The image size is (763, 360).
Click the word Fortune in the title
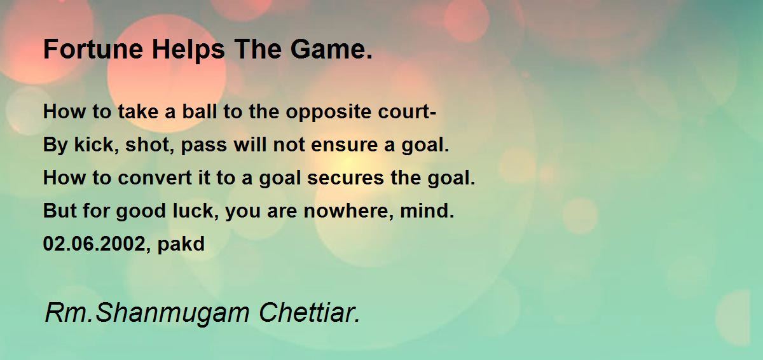click(93, 50)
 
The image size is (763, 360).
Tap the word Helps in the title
click(188, 50)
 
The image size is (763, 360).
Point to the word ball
click(200, 111)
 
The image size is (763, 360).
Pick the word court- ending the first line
click(407, 112)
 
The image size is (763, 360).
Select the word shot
click(149, 145)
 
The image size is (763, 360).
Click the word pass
click(203, 146)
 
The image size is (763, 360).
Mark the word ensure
click(345, 146)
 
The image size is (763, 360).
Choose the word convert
click(155, 178)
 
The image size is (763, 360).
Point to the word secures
click(345, 179)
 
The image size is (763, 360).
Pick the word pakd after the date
click(181, 244)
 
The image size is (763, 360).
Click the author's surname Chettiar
click(309, 313)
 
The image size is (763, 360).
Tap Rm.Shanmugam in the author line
click(147, 314)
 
